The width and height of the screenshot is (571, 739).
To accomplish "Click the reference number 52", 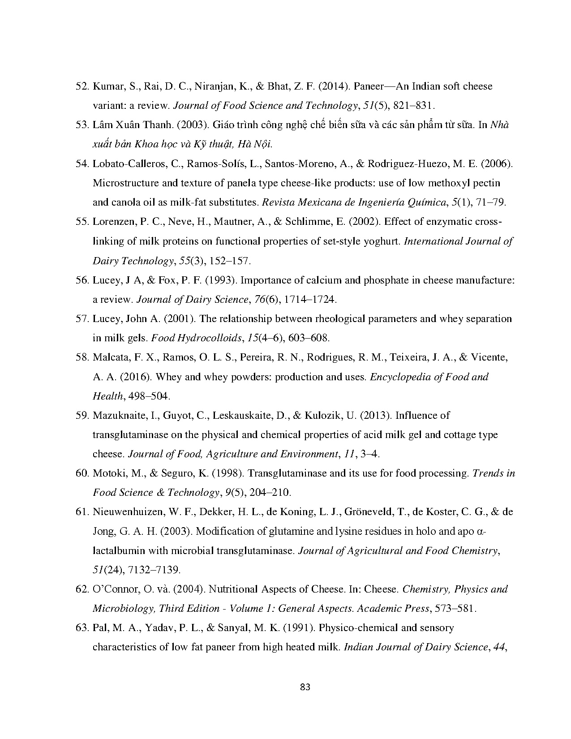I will coord(82,86).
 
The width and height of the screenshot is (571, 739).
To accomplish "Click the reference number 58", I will coord(82,357).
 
